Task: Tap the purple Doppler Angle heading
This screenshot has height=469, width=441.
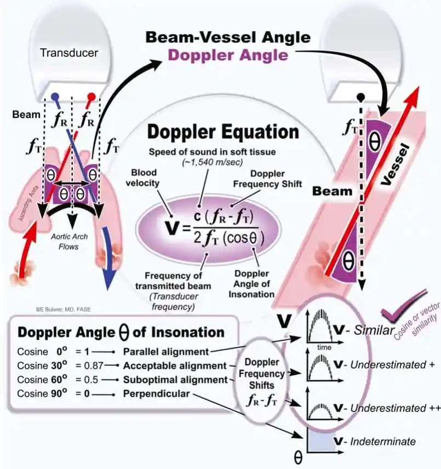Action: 227,55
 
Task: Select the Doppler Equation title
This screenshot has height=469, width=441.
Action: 222,132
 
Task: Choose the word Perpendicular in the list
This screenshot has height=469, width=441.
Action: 157,393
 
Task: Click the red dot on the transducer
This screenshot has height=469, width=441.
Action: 92,96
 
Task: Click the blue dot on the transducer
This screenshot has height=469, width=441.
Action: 55,96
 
